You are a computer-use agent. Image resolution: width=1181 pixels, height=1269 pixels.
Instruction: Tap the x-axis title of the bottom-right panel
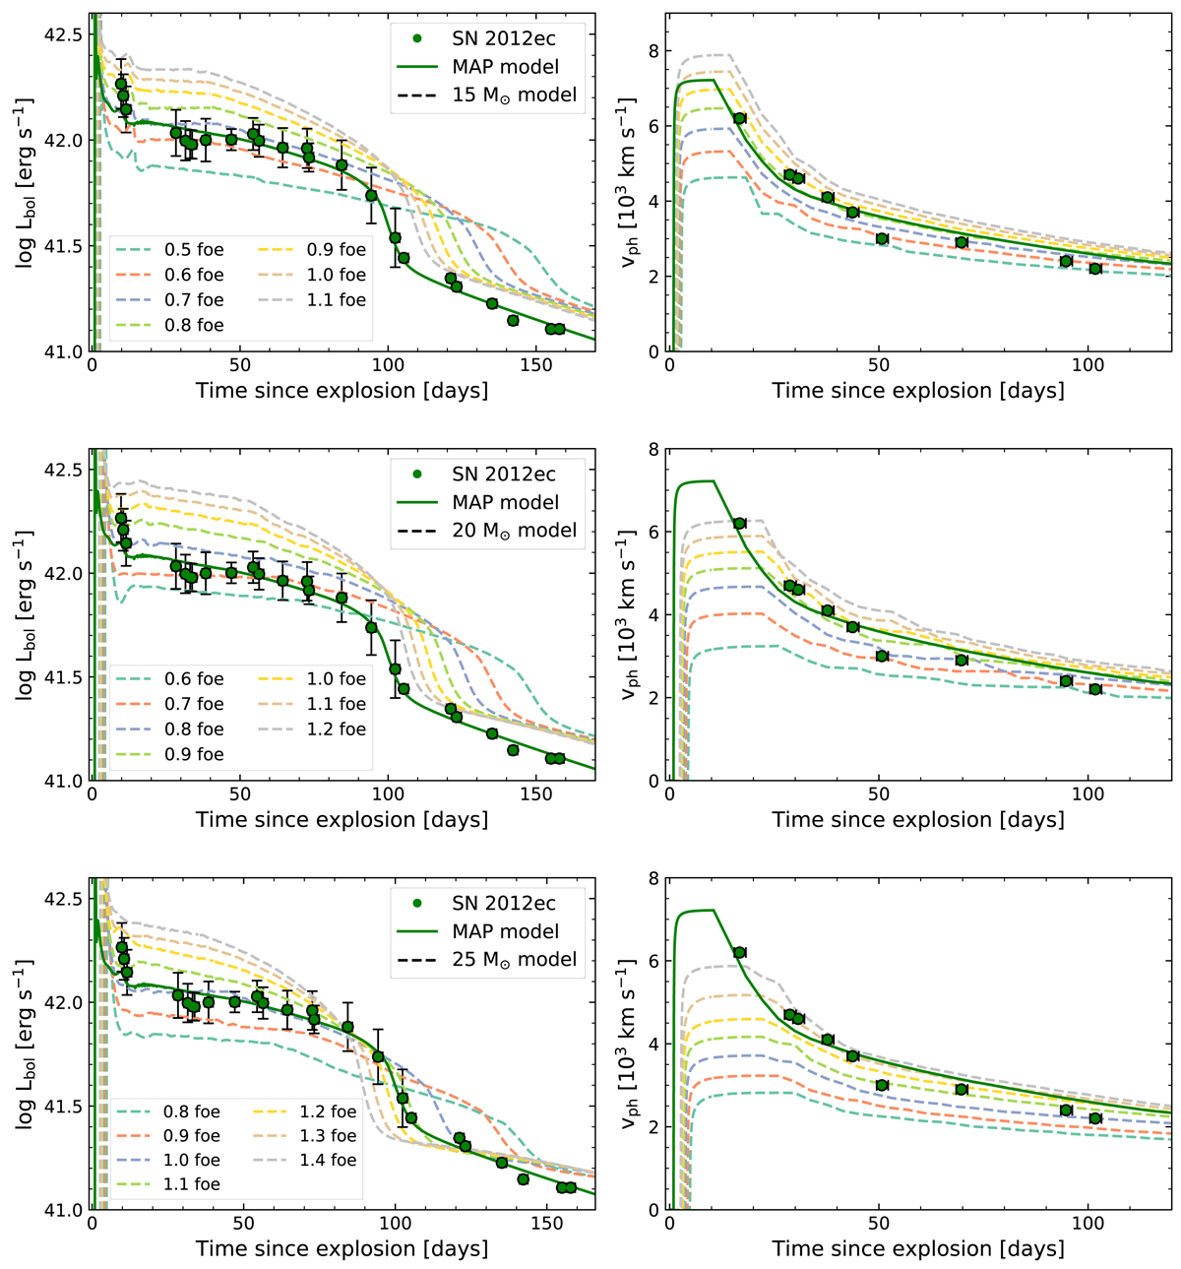918,1248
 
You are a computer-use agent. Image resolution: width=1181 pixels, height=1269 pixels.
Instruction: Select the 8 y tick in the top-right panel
651,51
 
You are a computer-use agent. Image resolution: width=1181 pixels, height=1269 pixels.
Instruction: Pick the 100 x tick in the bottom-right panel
1088,1224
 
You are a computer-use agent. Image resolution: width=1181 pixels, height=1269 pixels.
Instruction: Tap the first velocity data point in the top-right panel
740,118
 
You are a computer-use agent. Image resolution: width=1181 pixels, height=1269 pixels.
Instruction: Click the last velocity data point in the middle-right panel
1095,689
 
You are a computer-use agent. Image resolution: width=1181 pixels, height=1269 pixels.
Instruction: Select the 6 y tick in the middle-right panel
651,533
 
